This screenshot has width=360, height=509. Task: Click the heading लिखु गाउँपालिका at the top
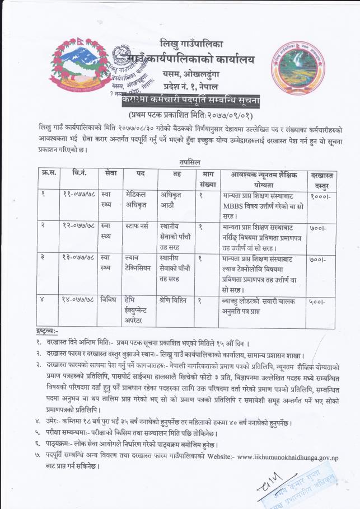(x=191, y=43)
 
